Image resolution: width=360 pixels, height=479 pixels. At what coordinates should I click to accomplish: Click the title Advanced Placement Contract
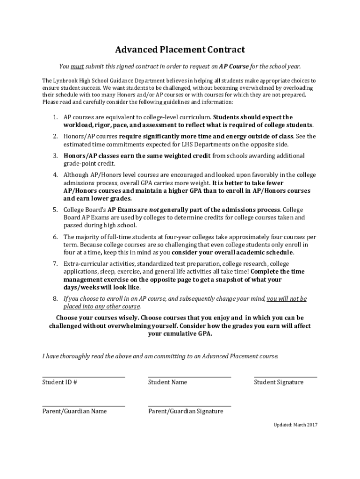[180, 50]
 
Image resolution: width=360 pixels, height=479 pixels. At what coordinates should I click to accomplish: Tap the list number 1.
[55, 117]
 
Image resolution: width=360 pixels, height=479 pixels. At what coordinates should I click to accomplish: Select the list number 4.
[55, 175]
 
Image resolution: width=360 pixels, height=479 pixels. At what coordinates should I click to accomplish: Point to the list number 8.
[55, 298]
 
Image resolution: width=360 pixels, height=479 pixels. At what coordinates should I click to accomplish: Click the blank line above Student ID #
[84, 377]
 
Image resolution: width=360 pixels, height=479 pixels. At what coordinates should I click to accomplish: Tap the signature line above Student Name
[189, 377]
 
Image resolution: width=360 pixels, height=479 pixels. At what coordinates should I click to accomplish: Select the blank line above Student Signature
[285, 377]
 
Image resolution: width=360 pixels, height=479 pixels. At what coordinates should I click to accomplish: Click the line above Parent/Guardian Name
[84, 406]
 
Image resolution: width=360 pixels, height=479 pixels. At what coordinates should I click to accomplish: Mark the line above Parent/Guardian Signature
[189, 406]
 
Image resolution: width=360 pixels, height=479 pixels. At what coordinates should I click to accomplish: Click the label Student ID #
[60, 382]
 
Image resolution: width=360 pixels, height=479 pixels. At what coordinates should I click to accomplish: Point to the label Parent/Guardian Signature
[186, 411]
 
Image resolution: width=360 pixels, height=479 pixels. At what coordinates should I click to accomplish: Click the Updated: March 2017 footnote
[295, 425]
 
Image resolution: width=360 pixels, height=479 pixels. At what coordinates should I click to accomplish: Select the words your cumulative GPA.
[180, 334]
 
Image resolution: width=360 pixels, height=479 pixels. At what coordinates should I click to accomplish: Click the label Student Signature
[279, 382]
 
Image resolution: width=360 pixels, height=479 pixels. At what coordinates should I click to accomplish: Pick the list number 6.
[55, 237]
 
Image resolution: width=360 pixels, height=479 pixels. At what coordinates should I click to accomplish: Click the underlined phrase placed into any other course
[101, 306]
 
